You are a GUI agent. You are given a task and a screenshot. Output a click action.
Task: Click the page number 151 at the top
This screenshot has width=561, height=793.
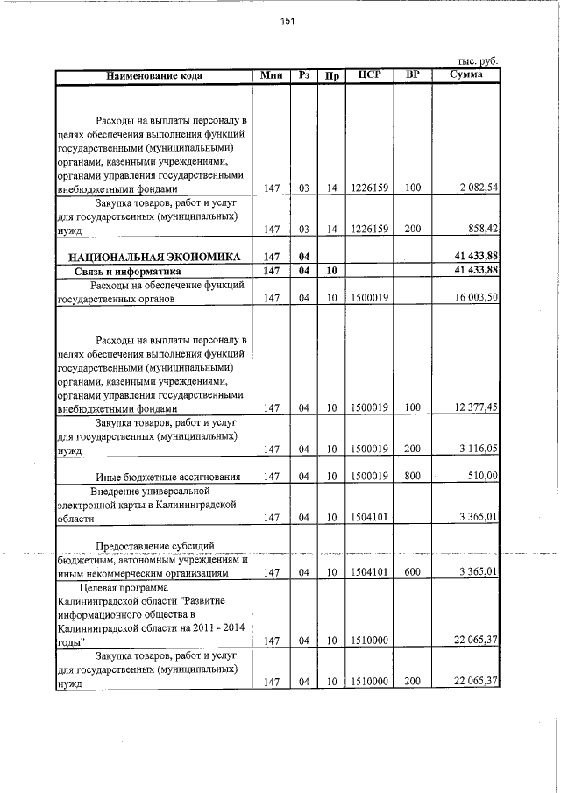pos(287,22)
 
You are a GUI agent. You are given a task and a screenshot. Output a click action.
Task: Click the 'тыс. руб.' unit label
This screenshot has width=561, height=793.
pos(477,61)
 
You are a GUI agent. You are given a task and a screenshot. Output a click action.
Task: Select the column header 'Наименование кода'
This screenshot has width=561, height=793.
pos(154,76)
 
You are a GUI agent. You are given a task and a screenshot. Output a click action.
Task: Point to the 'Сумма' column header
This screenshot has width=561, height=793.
pos(465,75)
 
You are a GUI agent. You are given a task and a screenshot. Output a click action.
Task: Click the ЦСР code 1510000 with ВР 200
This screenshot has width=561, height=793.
pos(369,683)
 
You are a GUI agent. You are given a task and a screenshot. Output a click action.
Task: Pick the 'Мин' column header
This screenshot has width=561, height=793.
pos(272,75)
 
